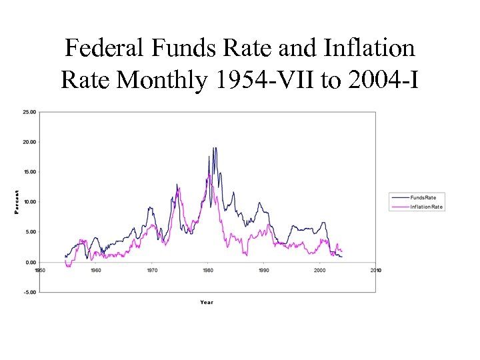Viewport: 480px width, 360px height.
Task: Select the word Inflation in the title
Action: [369, 48]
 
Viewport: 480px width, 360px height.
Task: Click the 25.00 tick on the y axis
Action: [30, 112]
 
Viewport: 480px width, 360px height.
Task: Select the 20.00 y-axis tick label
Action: [30, 142]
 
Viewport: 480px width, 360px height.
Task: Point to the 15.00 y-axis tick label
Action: [30, 172]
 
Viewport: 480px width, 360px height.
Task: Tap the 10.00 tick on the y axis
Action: [30, 202]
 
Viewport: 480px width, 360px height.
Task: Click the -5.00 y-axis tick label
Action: [30, 292]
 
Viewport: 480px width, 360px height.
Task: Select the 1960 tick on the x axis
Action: [96, 270]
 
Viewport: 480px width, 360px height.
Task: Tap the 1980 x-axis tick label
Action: [208, 270]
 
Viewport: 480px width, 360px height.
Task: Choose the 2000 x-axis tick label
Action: [320, 270]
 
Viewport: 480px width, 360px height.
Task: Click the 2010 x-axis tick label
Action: [376, 270]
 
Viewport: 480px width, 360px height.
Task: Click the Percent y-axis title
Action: [17, 202]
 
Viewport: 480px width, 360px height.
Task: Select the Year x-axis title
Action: [207, 303]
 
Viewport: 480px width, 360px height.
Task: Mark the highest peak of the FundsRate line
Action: [214, 148]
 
